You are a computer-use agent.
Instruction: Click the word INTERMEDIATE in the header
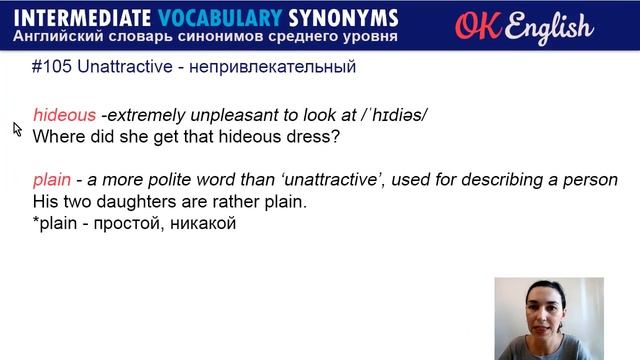point(82,18)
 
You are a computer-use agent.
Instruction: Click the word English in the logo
point(549,27)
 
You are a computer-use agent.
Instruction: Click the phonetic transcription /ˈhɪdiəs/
point(386,115)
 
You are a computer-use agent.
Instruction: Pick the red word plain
point(52,180)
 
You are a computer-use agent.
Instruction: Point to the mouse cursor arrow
point(17,128)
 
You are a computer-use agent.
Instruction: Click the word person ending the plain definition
point(590,180)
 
